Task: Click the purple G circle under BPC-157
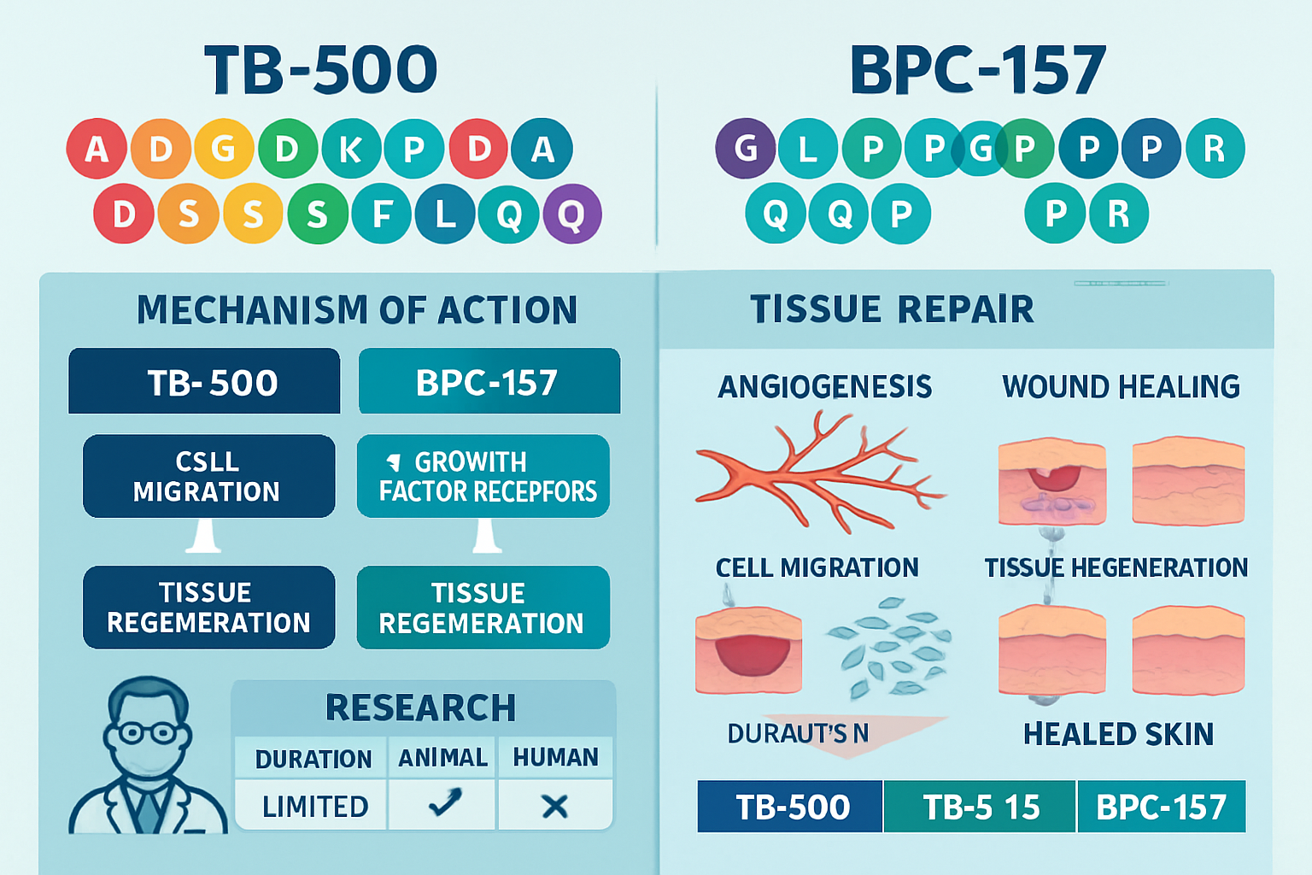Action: pyautogui.click(x=746, y=149)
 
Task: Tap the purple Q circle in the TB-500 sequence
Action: pyautogui.click(x=571, y=214)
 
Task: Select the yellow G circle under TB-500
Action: pyautogui.click(x=224, y=149)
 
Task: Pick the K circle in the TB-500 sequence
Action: pyautogui.click(x=350, y=149)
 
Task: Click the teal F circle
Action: pyautogui.click(x=381, y=214)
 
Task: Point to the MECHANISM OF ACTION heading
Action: pyautogui.click(x=357, y=310)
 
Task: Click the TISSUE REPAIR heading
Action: pyautogui.click(x=892, y=309)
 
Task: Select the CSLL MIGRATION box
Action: pyautogui.click(x=208, y=476)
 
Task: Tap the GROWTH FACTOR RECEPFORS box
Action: pyautogui.click(x=483, y=476)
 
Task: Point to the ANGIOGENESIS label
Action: pyautogui.click(x=824, y=387)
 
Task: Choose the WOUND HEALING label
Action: pyautogui.click(x=1121, y=387)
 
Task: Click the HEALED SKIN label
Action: pyautogui.click(x=1118, y=734)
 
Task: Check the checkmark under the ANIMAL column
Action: pyautogui.click(x=443, y=803)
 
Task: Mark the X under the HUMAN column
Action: pyautogui.click(x=555, y=805)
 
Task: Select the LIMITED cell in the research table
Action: pyautogui.click(x=314, y=806)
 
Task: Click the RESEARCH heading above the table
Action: pyautogui.click(x=421, y=708)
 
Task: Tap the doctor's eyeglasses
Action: pyautogui.click(x=147, y=733)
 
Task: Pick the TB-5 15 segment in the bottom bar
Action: pyautogui.click(x=981, y=807)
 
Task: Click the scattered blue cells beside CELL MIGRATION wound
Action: pyautogui.click(x=888, y=648)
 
